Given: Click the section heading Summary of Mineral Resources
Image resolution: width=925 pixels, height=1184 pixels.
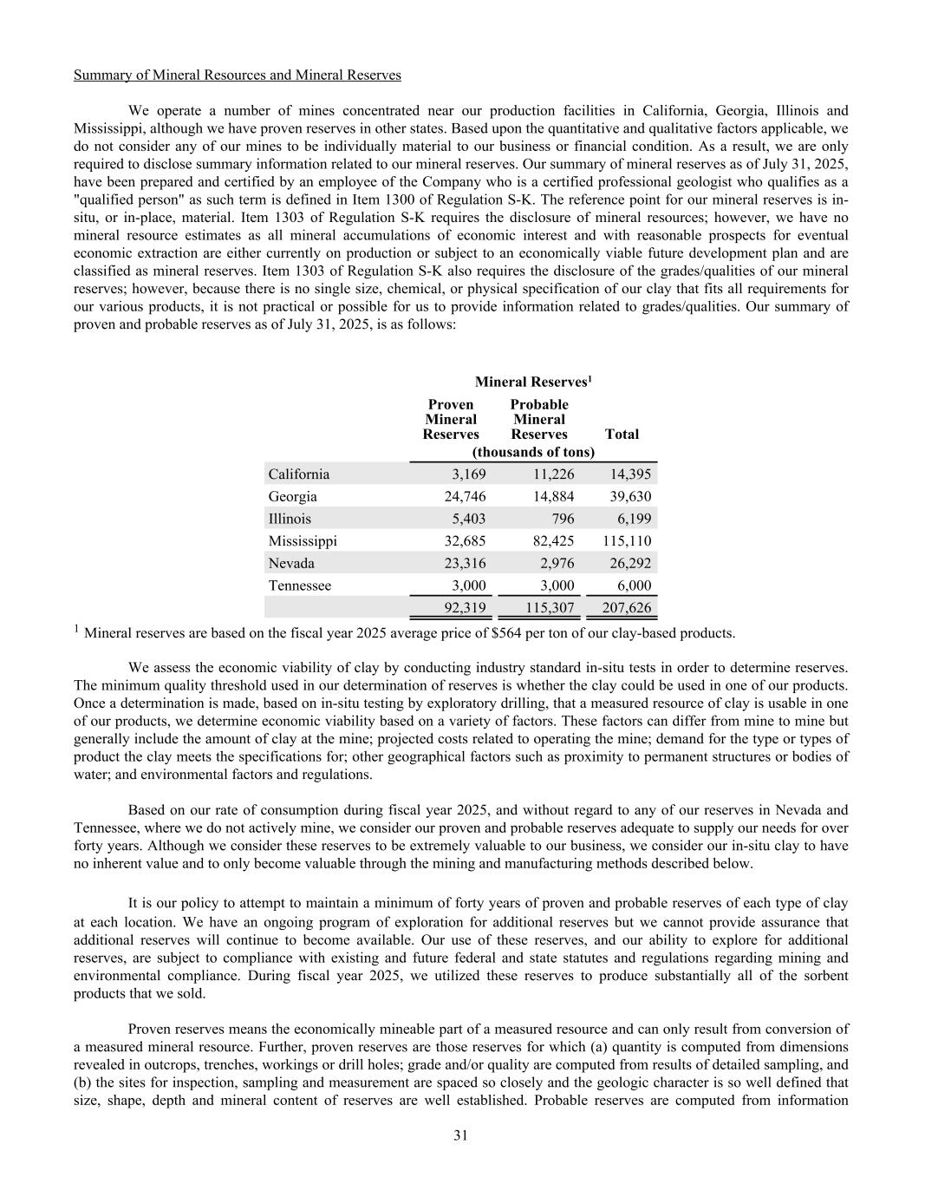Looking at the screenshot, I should click(x=237, y=75).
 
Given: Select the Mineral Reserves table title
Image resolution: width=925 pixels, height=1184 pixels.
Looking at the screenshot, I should click(x=532, y=382).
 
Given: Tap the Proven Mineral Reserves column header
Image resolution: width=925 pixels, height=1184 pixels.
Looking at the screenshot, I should click(x=451, y=419).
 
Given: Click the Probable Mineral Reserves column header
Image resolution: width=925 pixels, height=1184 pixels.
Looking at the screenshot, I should click(x=538, y=419).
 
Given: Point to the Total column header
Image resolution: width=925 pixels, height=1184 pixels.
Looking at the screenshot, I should click(x=622, y=434).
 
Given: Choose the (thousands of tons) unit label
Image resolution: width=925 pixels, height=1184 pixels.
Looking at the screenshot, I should click(x=532, y=452).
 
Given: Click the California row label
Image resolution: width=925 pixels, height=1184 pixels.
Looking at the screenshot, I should click(x=298, y=474).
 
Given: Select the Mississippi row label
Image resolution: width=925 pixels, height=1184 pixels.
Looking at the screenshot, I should click(x=303, y=541).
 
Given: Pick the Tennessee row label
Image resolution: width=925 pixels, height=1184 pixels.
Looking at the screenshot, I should click(x=299, y=585).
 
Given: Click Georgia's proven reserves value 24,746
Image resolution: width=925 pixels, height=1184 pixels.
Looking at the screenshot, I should click(x=464, y=497).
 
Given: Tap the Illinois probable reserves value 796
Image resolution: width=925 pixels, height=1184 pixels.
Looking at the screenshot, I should click(x=561, y=519).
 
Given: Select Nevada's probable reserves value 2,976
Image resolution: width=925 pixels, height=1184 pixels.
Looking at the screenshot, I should click(x=555, y=564).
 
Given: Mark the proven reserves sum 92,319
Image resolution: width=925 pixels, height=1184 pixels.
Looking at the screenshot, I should click(x=464, y=609).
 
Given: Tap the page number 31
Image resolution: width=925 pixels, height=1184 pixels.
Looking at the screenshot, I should click(x=461, y=1135).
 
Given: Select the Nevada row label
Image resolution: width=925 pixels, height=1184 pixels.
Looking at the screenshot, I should click(x=291, y=564).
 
